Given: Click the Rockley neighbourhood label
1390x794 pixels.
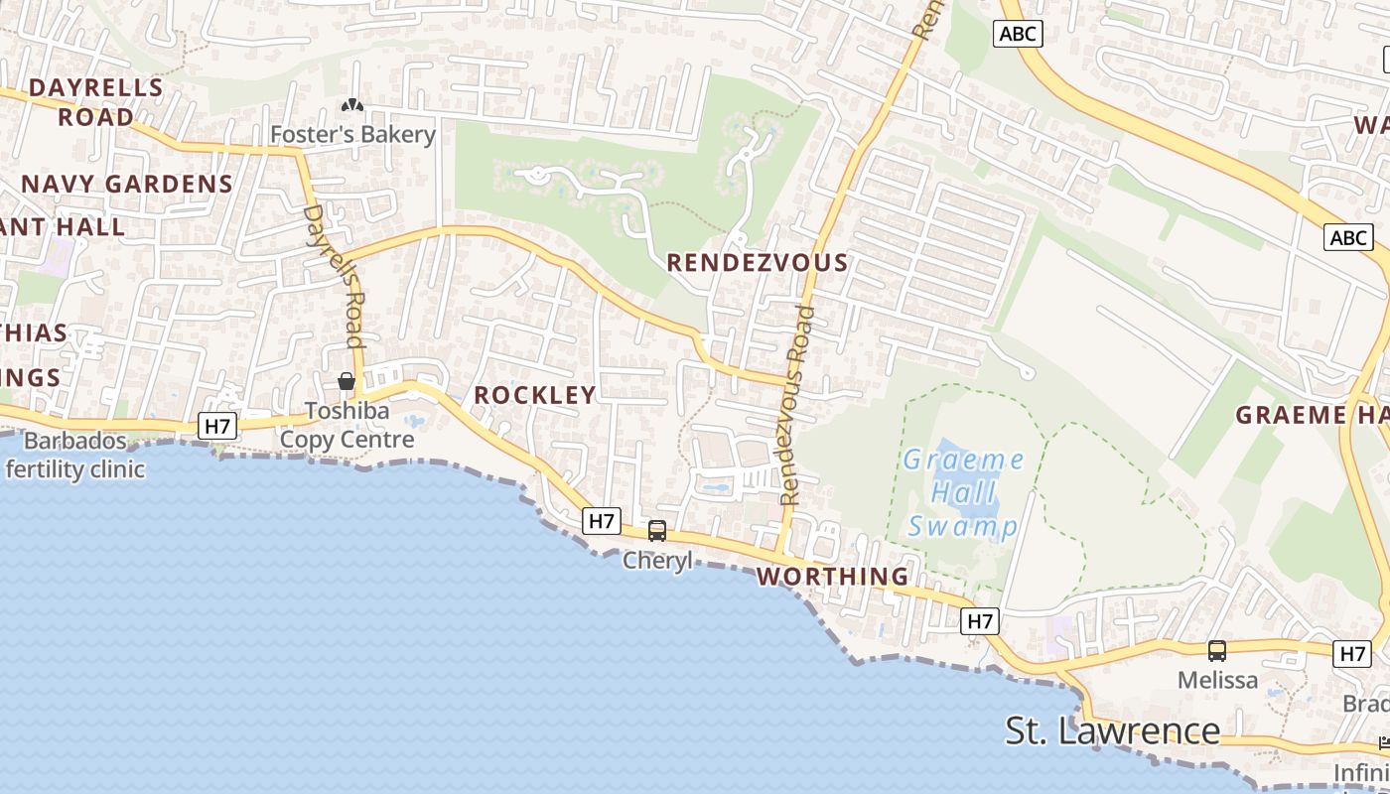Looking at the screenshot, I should (x=535, y=395).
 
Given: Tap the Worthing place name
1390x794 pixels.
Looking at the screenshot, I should (x=833, y=577).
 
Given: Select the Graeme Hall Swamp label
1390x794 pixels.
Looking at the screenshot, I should (x=963, y=492).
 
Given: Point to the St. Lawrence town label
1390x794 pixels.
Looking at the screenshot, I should (x=1112, y=730).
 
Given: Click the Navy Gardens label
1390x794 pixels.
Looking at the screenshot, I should (x=127, y=184).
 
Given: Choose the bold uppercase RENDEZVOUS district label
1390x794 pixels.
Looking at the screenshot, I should (x=758, y=263).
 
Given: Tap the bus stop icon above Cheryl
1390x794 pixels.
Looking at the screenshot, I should (x=657, y=531).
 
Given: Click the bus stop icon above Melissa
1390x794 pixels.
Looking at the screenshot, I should (x=1217, y=651).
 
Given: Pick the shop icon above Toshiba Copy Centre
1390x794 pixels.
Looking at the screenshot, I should (x=347, y=381).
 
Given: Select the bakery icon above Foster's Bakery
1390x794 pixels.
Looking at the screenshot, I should (x=352, y=105).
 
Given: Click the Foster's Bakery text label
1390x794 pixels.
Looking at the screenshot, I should (x=353, y=134).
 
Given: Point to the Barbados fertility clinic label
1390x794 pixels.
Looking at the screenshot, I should (x=75, y=455).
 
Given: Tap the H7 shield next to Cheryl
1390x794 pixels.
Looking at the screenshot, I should (x=603, y=520).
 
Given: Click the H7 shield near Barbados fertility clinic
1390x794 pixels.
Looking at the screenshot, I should (x=216, y=427).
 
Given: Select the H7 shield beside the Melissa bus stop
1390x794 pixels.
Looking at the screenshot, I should (x=1353, y=653).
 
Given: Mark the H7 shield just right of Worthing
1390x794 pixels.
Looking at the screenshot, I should (x=980, y=621).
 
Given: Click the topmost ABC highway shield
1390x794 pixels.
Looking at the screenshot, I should (x=1018, y=34).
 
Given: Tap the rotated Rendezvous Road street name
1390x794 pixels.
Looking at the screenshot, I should (x=796, y=406).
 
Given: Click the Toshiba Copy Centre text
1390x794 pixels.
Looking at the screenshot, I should (x=347, y=425).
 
